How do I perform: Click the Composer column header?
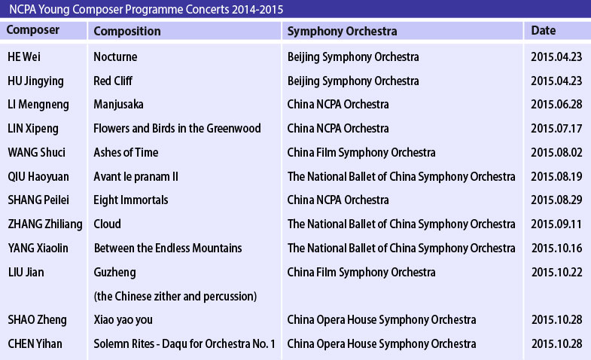click(x=33, y=30)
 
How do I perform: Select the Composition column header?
click(x=127, y=32)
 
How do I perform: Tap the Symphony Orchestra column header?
click(x=342, y=32)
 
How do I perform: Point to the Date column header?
click(x=543, y=31)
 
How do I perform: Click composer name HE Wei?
click(x=24, y=57)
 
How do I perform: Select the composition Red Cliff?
click(x=113, y=81)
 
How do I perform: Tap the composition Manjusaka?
click(x=118, y=105)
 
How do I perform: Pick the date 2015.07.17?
click(x=556, y=129)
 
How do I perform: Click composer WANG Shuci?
click(x=37, y=152)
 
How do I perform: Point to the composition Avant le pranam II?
click(x=136, y=177)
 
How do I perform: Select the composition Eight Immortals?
click(x=131, y=200)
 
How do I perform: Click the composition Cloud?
click(x=107, y=224)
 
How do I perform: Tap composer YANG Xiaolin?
click(x=38, y=248)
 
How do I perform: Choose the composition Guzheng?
click(x=114, y=273)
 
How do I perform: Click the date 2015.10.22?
click(x=556, y=272)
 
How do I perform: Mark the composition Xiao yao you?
click(x=123, y=320)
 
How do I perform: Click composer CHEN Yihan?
click(x=35, y=343)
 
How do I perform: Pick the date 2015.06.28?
click(x=556, y=105)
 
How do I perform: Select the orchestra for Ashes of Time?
click(x=361, y=153)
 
